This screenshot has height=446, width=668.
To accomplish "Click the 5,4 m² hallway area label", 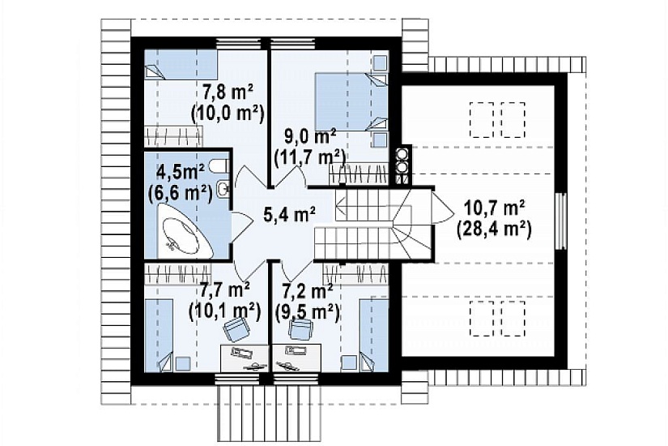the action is click(290, 215).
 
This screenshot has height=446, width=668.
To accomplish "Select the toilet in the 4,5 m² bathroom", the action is click(221, 166).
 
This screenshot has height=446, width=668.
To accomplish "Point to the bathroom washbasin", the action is click(223, 190).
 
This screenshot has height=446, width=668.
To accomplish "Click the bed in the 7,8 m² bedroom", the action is click(181, 64).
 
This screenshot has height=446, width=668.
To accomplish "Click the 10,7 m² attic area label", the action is click(495, 208).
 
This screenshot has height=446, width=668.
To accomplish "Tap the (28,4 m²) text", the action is click(494, 230).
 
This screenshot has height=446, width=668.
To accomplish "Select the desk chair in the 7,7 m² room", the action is click(237, 329).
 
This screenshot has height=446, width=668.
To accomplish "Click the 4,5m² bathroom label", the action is click(181, 173).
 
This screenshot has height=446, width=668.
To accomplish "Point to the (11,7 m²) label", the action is click(310, 158).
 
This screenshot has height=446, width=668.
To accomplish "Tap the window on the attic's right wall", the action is click(562, 221).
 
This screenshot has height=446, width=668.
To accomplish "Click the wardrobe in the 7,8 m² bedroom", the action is click(172, 136).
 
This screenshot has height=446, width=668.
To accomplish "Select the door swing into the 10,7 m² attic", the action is click(443, 208).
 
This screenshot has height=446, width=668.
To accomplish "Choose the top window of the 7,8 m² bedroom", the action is click(238, 43).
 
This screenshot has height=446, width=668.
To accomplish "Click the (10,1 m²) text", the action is click(224, 314).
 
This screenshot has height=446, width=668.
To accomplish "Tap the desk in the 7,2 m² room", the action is click(296, 358).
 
